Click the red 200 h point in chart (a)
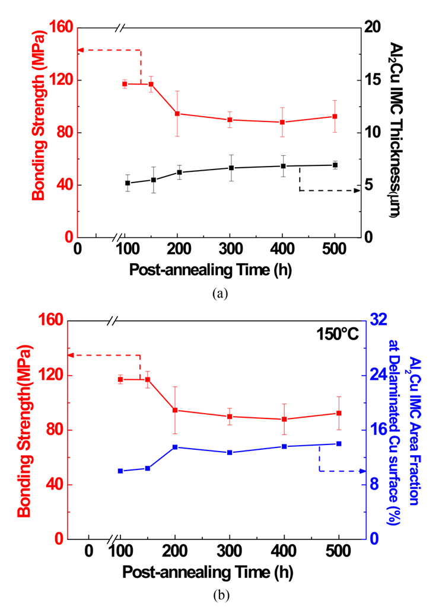point(177,113)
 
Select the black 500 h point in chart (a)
point(335,165)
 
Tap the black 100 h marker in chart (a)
point(128,183)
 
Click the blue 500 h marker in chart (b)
point(339,443)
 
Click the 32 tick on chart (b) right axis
point(380,321)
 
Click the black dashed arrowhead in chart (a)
point(357,190)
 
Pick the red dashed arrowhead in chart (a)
point(81,50)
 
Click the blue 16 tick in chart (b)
point(380,430)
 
